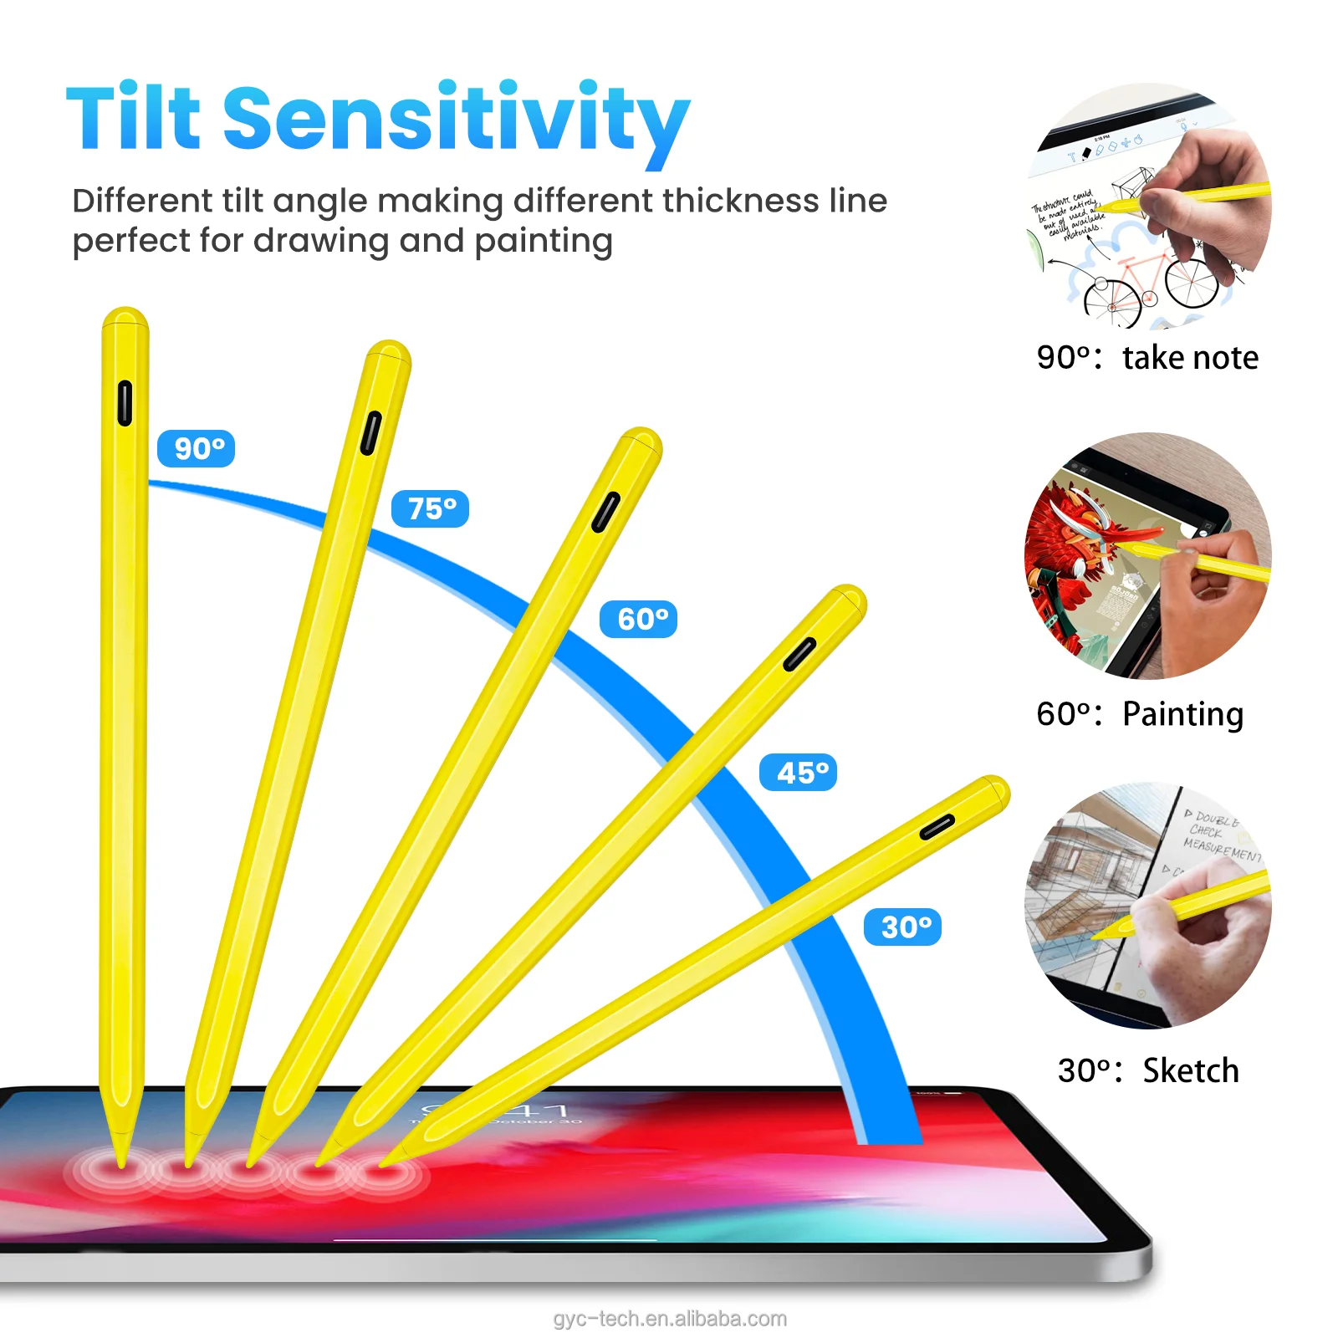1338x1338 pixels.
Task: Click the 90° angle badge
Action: (x=196, y=448)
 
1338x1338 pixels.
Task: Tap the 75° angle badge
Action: (x=430, y=508)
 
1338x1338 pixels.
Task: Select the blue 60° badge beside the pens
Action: (x=638, y=620)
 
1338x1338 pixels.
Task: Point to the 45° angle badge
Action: (x=798, y=773)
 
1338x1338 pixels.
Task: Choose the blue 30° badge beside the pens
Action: (x=902, y=927)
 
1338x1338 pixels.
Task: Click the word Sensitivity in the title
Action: (x=456, y=119)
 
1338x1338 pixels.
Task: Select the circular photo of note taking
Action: (x=1147, y=206)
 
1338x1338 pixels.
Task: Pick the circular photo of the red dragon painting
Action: (x=1147, y=555)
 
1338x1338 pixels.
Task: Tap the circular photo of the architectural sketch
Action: (x=1147, y=905)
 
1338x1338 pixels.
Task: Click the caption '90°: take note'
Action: (x=1147, y=358)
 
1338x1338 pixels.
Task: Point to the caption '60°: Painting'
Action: (x=1140, y=714)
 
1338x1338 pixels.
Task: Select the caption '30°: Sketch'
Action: (x=1147, y=1070)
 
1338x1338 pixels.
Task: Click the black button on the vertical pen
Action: (x=125, y=403)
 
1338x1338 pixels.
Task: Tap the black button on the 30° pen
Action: (x=937, y=827)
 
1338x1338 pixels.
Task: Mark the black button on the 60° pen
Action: (x=605, y=512)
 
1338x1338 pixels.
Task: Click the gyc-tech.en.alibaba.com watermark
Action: (x=670, y=1319)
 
